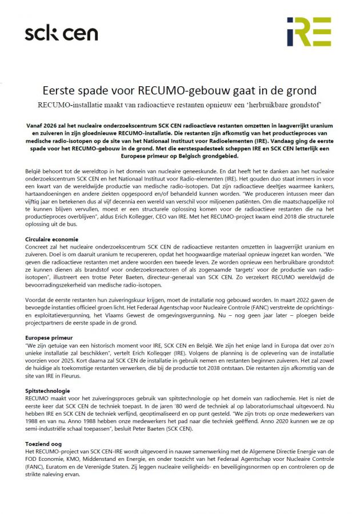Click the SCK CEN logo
click(61, 34)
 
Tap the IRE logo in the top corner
click(309, 31)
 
